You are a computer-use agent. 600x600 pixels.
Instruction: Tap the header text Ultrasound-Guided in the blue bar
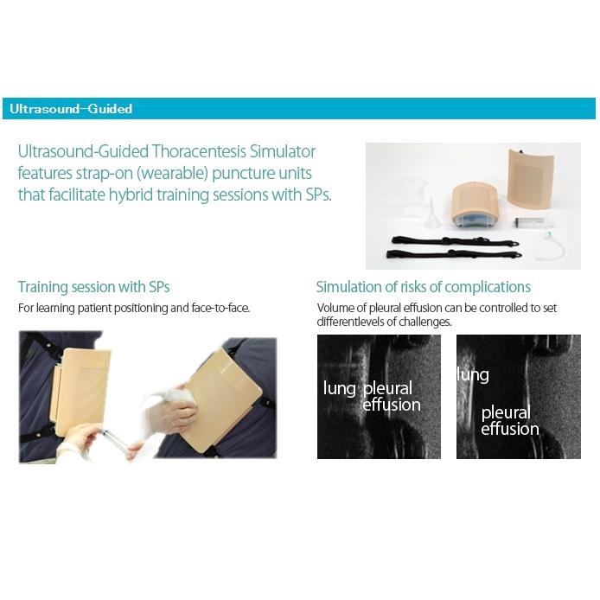coord(71,109)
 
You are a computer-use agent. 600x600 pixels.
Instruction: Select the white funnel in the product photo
coord(433,214)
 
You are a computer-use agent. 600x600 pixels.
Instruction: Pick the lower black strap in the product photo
coord(454,253)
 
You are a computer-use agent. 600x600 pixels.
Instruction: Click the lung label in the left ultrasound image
coord(340,388)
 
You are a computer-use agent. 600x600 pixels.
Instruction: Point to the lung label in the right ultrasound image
coord(473,375)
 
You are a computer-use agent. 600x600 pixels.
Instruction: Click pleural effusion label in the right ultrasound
coord(510,420)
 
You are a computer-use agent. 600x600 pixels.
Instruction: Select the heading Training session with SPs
coord(93,287)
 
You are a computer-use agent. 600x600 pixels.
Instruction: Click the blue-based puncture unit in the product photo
coord(474,207)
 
